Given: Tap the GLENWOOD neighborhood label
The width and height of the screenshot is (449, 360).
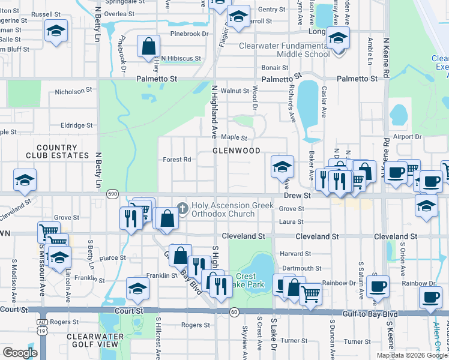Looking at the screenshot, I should pos(237,151).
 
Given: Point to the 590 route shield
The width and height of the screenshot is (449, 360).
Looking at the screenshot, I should pos(112,194).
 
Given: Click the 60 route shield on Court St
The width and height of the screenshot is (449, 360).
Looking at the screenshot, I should pos(234,311).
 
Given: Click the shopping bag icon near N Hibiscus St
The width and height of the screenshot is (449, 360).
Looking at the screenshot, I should pos(148,47).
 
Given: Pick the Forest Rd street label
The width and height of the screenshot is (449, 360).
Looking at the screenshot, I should pos(177,160).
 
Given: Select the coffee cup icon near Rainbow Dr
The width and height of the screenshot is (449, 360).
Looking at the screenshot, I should pos(378,287).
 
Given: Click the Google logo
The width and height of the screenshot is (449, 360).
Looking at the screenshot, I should pos(20,353).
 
